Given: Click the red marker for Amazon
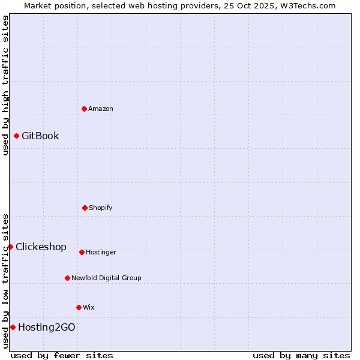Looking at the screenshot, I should (84, 109).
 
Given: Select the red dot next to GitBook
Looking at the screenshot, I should (16, 136).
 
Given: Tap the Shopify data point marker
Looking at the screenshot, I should (85, 208).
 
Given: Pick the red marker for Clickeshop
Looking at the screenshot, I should (10, 247).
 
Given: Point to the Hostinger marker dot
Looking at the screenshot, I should (82, 252).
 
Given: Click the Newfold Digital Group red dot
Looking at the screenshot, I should (67, 278).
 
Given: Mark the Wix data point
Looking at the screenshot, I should (79, 307).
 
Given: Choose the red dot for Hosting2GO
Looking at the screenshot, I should (13, 327).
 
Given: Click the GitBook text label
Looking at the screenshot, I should (40, 136).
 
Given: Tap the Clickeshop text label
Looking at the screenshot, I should (41, 247).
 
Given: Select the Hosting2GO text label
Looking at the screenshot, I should (47, 327).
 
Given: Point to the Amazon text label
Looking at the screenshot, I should (101, 109).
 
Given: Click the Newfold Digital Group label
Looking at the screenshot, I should (106, 278).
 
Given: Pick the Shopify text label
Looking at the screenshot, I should (101, 208).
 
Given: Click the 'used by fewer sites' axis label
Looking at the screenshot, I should (62, 355).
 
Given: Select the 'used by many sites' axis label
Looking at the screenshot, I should (301, 355).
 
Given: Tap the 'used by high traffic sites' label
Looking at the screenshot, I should (5, 85).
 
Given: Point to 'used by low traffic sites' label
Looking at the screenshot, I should (5, 280).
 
